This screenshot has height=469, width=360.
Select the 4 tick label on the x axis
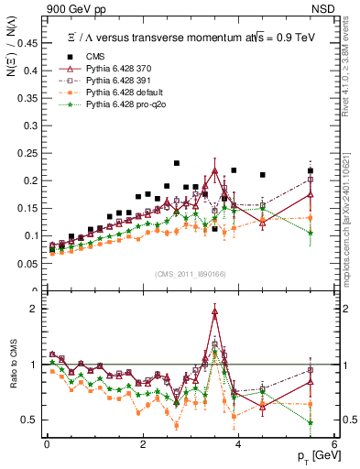point(238,444)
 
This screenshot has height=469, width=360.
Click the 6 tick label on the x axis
point(334,444)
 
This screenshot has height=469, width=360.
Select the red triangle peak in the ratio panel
point(214,311)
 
